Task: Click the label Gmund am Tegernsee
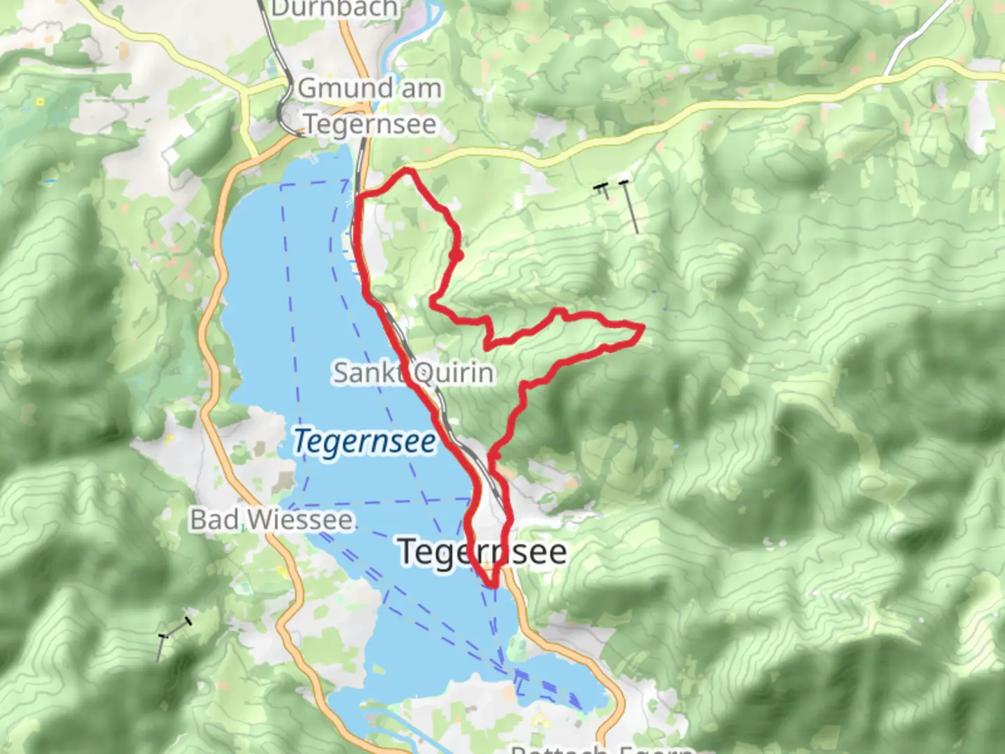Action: point(370,106)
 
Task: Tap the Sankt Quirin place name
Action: point(413,373)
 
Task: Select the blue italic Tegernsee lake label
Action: point(364,441)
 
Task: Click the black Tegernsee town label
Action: point(483,552)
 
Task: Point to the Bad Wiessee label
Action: point(271,520)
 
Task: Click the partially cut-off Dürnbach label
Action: point(335,8)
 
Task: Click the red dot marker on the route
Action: point(456,256)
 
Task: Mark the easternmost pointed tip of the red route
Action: point(641,327)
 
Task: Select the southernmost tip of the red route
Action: point(492,585)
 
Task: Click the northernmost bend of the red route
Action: point(408,170)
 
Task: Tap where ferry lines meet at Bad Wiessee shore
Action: point(288,508)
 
